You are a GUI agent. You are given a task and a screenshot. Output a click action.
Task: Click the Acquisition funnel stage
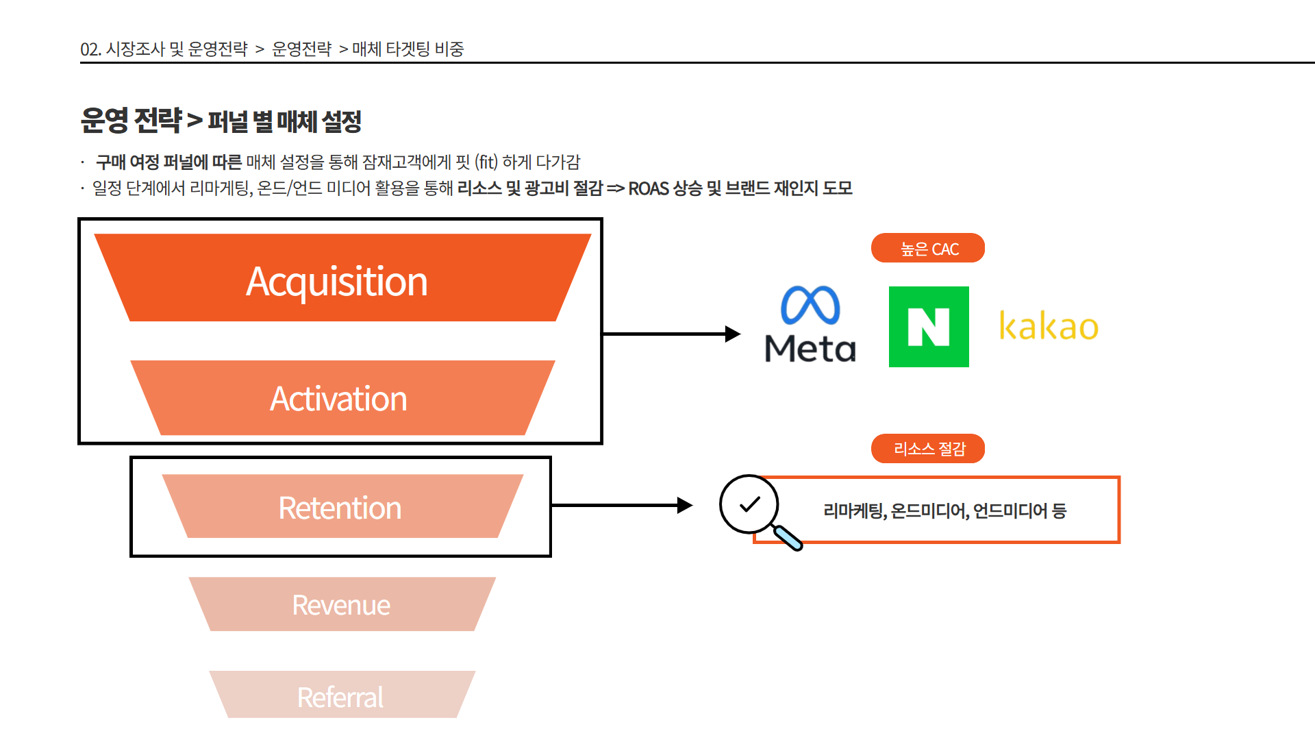click(342, 277)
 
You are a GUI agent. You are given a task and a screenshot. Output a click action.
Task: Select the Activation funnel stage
click(342, 397)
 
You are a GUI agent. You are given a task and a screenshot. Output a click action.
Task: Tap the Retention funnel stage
click(342, 506)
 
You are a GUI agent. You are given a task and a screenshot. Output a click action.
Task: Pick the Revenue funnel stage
click(342, 604)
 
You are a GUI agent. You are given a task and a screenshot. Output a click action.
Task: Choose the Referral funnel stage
click(342, 695)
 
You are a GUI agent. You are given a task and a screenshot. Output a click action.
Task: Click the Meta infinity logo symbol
click(810, 305)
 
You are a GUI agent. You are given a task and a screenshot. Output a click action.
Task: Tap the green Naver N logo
click(929, 327)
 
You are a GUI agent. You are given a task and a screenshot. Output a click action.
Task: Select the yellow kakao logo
click(1049, 326)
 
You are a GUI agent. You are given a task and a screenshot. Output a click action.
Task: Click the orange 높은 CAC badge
click(928, 248)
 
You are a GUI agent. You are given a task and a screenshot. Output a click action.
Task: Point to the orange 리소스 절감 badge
click(928, 449)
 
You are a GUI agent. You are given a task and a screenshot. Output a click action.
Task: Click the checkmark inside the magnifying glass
click(750, 504)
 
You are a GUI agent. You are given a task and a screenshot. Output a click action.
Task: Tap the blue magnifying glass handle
click(788, 537)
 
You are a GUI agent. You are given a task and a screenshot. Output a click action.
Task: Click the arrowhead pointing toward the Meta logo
click(733, 334)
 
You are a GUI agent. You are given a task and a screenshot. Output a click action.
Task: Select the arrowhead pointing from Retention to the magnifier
click(685, 506)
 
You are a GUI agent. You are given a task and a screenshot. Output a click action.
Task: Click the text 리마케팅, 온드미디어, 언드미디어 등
click(944, 511)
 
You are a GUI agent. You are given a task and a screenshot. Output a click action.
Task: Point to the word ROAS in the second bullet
click(648, 188)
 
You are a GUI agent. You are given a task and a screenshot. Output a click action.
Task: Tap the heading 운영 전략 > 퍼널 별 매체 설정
click(221, 121)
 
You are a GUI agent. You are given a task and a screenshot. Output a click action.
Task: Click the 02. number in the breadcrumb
click(90, 49)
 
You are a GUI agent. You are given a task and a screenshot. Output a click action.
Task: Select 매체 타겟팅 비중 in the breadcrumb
click(408, 49)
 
